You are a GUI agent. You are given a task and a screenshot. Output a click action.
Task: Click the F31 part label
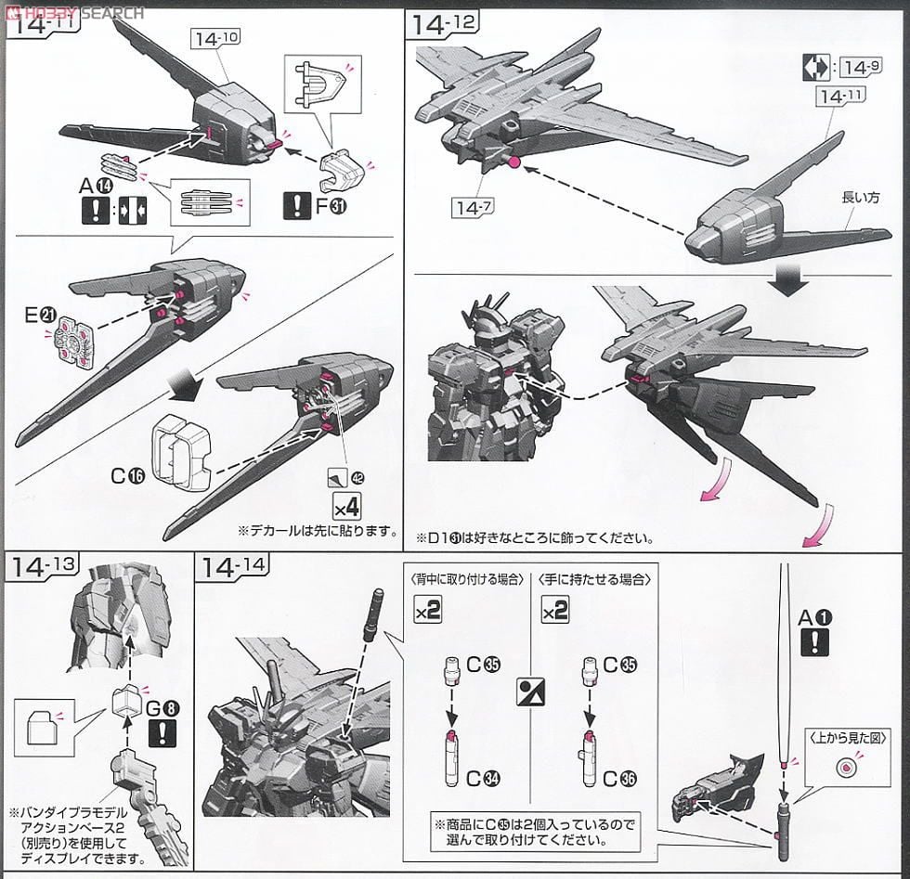[331, 207]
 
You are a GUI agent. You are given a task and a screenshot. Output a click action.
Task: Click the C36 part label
[613, 775]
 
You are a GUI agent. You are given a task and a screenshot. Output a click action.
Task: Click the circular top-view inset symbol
[845, 768]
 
